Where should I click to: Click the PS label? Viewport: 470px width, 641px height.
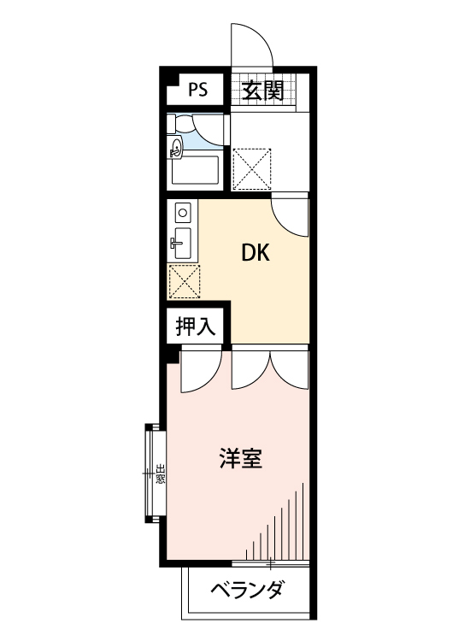pyautogui.click(x=198, y=89)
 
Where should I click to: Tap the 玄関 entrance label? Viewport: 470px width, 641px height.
pyautogui.click(x=261, y=90)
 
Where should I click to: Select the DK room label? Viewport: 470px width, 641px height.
pyautogui.click(x=255, y=253)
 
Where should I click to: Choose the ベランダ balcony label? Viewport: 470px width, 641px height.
pyautogui.click(x=246, y=590)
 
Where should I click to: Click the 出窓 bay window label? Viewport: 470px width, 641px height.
pyautogui.click(x=160, y=472)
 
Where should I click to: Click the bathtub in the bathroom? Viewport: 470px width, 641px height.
pyautogui.click(x=196, y=170)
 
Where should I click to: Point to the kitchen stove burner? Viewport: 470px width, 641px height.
pyautogui.click(x=181, y=210)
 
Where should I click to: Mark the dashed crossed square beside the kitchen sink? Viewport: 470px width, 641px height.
pyautogui.click(x=185, y=280)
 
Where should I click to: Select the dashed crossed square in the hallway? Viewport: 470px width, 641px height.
pyautogui.click(x=252, y=167)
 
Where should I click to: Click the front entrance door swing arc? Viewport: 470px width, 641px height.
pyautogui.click(x=252, y=43)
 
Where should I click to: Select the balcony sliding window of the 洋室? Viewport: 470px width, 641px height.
pyautogui.click(x=269, y=563)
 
